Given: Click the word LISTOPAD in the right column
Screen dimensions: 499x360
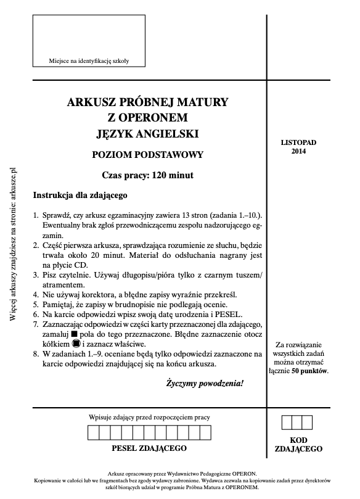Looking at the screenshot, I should (298, 142).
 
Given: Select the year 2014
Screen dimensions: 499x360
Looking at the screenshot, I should (298, 151).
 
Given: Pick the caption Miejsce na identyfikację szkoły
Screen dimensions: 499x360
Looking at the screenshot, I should (89, 60).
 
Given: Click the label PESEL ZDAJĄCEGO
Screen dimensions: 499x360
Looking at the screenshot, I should (149, 448).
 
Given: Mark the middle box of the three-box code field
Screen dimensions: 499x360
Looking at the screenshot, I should (298, 423).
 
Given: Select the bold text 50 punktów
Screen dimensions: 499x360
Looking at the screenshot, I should (311, 371).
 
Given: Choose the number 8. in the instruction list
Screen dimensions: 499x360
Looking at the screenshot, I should (36, 354).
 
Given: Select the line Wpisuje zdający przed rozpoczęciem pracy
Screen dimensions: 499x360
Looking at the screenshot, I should (149, 417).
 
